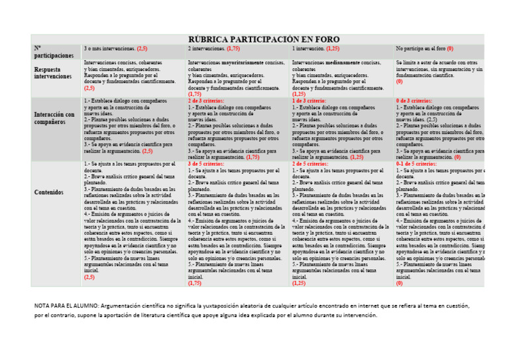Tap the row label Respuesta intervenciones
click(52, 72)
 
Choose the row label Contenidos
click(50, 192)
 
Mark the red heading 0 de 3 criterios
click(414, 100)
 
